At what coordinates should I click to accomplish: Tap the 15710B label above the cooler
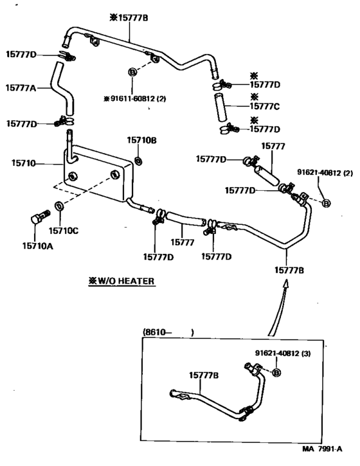[141, 139]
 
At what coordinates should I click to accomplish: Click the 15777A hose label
[23, 87]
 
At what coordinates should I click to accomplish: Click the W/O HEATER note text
[123, 281]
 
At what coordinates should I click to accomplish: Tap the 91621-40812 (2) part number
[325, 172]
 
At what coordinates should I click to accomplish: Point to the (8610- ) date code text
[168, 332]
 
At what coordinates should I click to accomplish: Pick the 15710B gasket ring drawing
[138, 158]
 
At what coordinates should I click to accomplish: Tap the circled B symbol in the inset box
[276, 373]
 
